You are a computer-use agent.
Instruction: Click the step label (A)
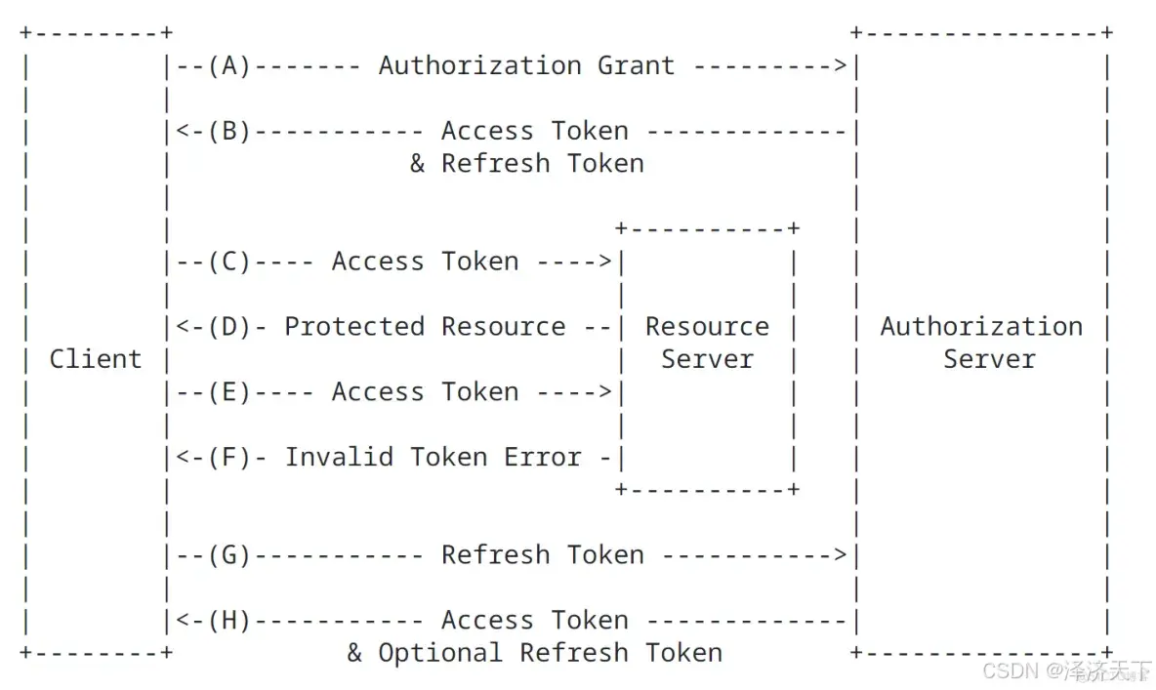click(229, 66)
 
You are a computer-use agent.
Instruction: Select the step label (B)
click(229, 132)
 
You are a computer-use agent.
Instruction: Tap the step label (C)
click(229, 262)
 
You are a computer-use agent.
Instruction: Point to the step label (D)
click(229, 327)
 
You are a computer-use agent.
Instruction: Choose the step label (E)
click(229, 392)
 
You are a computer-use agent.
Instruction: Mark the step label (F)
click(229, 457)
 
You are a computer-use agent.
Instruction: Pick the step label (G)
click(229, 555)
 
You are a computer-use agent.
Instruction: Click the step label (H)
click(229, 621)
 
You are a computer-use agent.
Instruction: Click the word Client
click(96, 359)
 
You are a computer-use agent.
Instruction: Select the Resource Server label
click(707, 343)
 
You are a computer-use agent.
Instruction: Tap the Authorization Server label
click(981, 343)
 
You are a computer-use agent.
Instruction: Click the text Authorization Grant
click(526, 66)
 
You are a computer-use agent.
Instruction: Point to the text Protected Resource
click(425, 327)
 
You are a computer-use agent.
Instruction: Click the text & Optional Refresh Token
click(534, 653)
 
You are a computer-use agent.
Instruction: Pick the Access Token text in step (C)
click(425, 262)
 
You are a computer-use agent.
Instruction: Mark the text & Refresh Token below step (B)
click(526, 164)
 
